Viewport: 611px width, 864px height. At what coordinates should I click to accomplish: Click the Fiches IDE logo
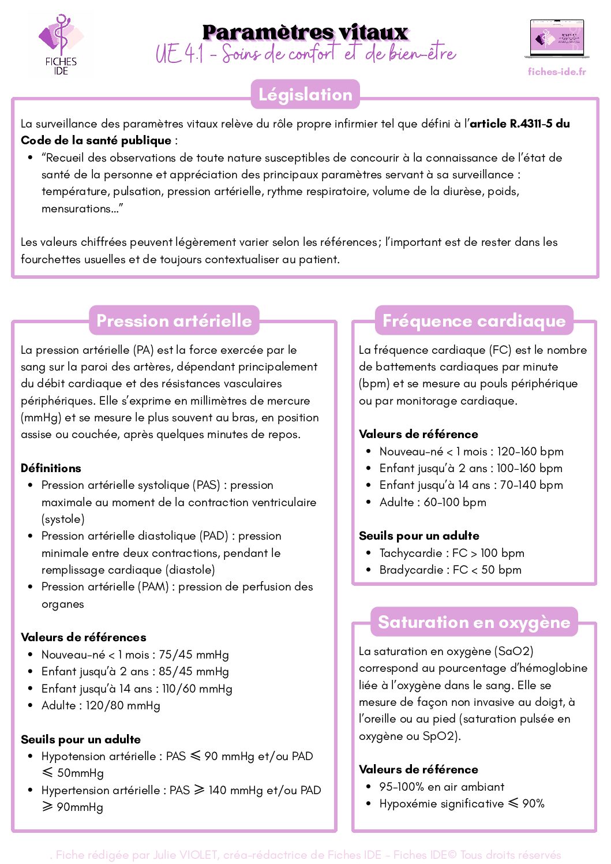point(61,44)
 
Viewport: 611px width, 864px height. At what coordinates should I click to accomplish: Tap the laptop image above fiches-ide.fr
point(556,39)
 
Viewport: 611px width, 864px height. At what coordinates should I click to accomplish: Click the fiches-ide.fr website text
point(556,72)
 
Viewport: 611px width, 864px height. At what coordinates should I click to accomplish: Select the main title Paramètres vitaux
point(305,32)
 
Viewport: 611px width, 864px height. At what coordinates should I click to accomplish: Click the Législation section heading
point(305,95)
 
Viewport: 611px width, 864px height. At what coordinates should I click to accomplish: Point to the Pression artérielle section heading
point(174,321)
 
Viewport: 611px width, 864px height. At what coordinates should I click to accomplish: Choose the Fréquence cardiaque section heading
point(474,321)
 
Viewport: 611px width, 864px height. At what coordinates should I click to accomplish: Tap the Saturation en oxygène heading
point(474,622)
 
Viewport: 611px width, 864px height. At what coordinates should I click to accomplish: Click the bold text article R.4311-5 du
point(520,124)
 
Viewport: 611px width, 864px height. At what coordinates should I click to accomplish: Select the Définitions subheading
point(51,468)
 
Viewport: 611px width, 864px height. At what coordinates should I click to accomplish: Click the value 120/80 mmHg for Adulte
point(123,705)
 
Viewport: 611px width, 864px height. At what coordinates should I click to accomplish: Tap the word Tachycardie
point(410,553)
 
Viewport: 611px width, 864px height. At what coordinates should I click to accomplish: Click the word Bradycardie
point(411,570)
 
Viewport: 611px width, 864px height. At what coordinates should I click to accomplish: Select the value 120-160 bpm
point(530,451)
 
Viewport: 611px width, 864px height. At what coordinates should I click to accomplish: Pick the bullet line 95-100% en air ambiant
point(441,787)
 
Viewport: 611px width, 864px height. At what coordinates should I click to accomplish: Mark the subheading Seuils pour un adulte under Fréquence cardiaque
point(419,536)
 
